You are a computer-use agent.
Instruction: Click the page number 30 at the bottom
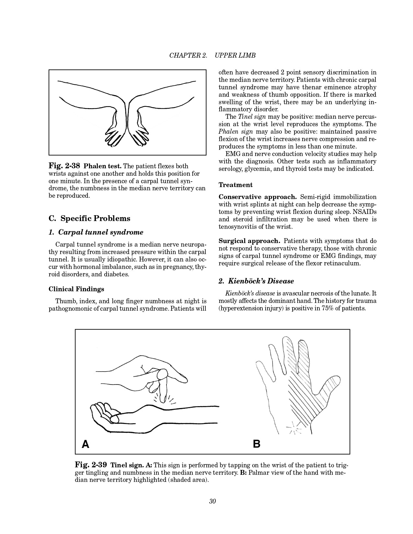coord(212,501)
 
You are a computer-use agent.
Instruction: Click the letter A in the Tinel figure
coord(86,443)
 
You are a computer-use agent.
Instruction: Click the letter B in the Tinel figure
coord(257,443)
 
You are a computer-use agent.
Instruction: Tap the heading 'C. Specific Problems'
coord(89,218)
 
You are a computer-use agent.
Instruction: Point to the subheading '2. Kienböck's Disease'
coord(256,281)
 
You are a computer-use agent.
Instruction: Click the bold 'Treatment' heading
coord(235,185)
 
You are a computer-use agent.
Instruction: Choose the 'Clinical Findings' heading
coord(76,289)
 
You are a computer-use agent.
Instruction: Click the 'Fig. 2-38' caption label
coord(64,166)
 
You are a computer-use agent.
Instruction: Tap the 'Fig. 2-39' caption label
coord(91,465)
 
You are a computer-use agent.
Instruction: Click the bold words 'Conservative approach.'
coord(258,197)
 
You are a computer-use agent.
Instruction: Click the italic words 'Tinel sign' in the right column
coord(250,117)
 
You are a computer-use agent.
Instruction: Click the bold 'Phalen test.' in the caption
coord(103,166)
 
